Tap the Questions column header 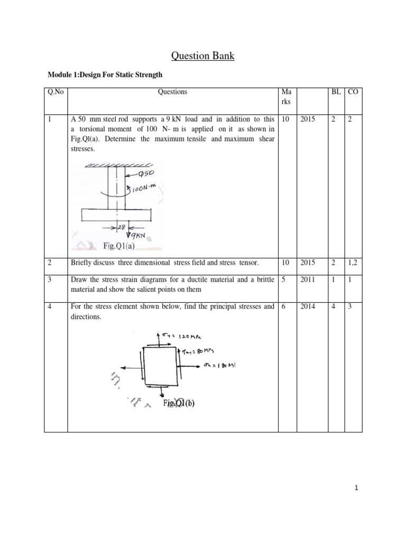click(x=172, y=92)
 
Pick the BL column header click(x=335, y=92)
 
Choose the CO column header click(x=353, y=92)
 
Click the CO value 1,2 click(x=354, y=261)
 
